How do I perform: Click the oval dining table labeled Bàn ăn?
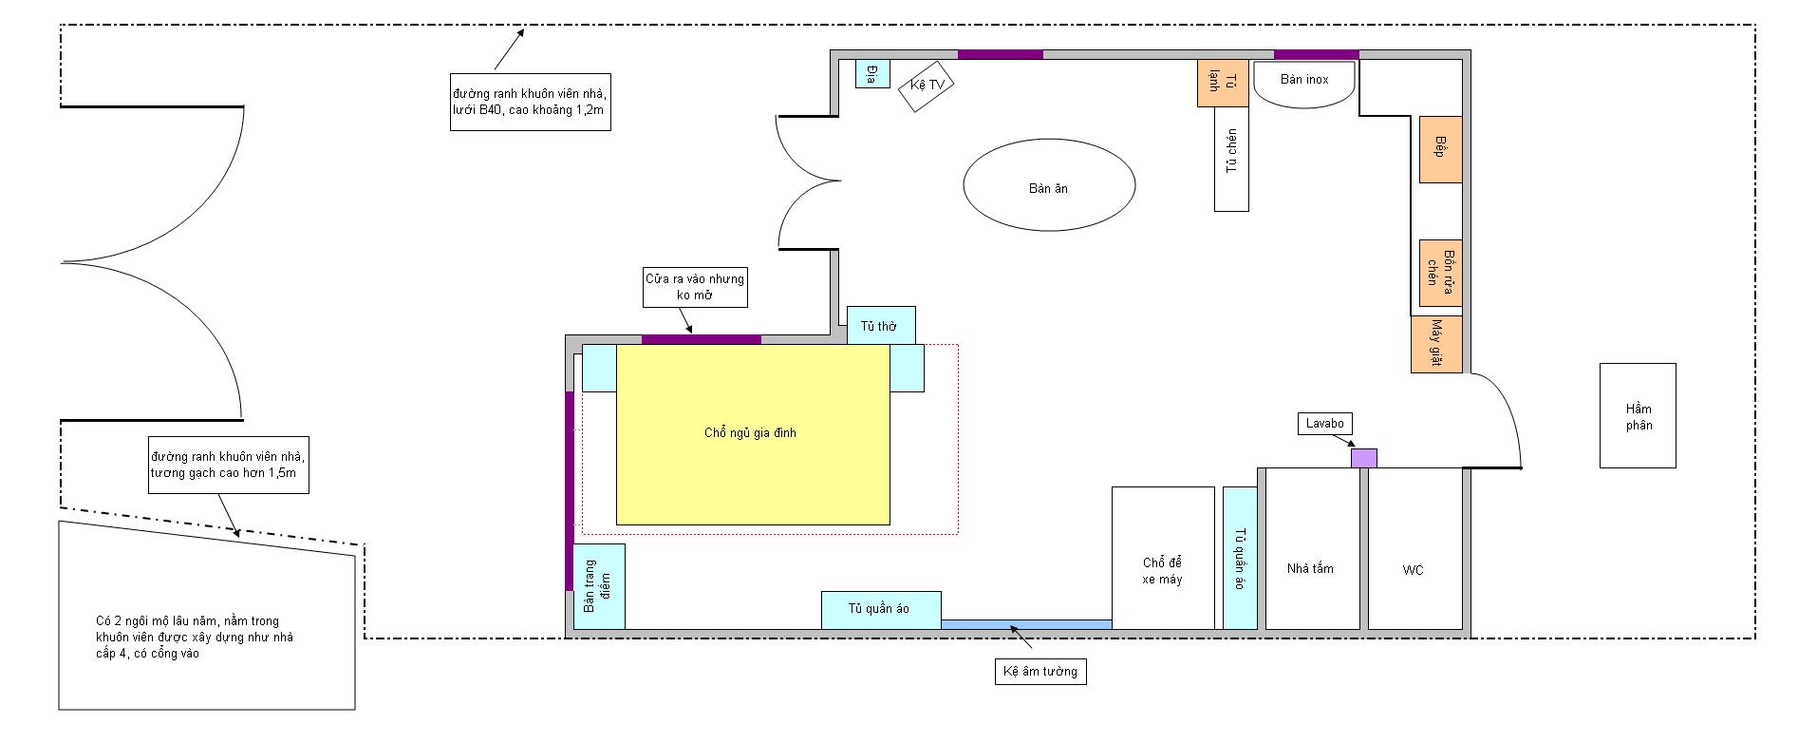(1049, 185)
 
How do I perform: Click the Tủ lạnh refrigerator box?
(1208, 83)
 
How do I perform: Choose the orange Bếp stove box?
(1440, 149)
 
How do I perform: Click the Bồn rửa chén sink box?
(1440, 273)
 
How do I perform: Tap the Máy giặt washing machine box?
(1436, 344)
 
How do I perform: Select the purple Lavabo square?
(1363, 458)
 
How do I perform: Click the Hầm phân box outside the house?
(1638, 415)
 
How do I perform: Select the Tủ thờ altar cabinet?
(881, 325)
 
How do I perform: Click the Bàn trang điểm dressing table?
(599, 585)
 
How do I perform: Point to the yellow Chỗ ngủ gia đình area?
(753, 434)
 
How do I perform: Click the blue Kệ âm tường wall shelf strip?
(1025, 624)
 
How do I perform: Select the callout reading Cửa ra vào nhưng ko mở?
(695, 287)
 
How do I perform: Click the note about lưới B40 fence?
(530, 102)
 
